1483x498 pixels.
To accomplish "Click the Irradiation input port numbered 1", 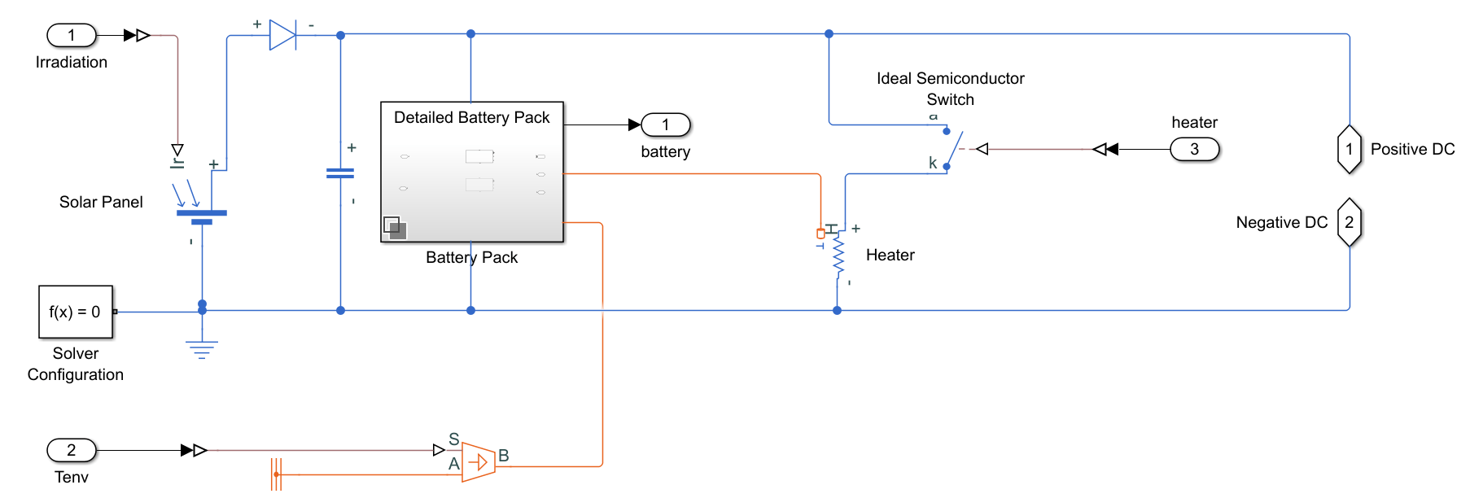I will tap(72, 35).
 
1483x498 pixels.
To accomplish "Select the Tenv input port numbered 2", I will tap(72, 450).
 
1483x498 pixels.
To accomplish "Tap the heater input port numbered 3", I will tap(1194, 149).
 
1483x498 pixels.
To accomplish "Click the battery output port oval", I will tap(665, 124).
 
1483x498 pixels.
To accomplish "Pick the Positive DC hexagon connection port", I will tap(1349, 149).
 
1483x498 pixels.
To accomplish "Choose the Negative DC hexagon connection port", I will tap(1349, 222).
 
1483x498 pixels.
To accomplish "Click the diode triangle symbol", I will tap(282, 35).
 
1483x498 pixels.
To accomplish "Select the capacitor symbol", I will tap(340, 173).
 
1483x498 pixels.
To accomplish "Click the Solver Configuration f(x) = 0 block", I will tap(76, 312).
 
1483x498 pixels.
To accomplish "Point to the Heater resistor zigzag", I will tap(838, 256).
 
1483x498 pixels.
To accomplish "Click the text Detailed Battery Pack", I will tap(471, 118).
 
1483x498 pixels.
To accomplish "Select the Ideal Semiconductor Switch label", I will tap(950, 89).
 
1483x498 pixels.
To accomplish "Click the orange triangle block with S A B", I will tap(479, 462).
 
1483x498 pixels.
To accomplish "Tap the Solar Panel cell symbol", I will tap(201, 213).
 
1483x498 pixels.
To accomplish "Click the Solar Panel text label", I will tap(101, 202).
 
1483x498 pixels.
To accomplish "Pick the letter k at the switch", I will tap(933, 163).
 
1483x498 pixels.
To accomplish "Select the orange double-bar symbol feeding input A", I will tap(276, 474).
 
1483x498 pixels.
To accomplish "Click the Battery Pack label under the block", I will tap(471, 257).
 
